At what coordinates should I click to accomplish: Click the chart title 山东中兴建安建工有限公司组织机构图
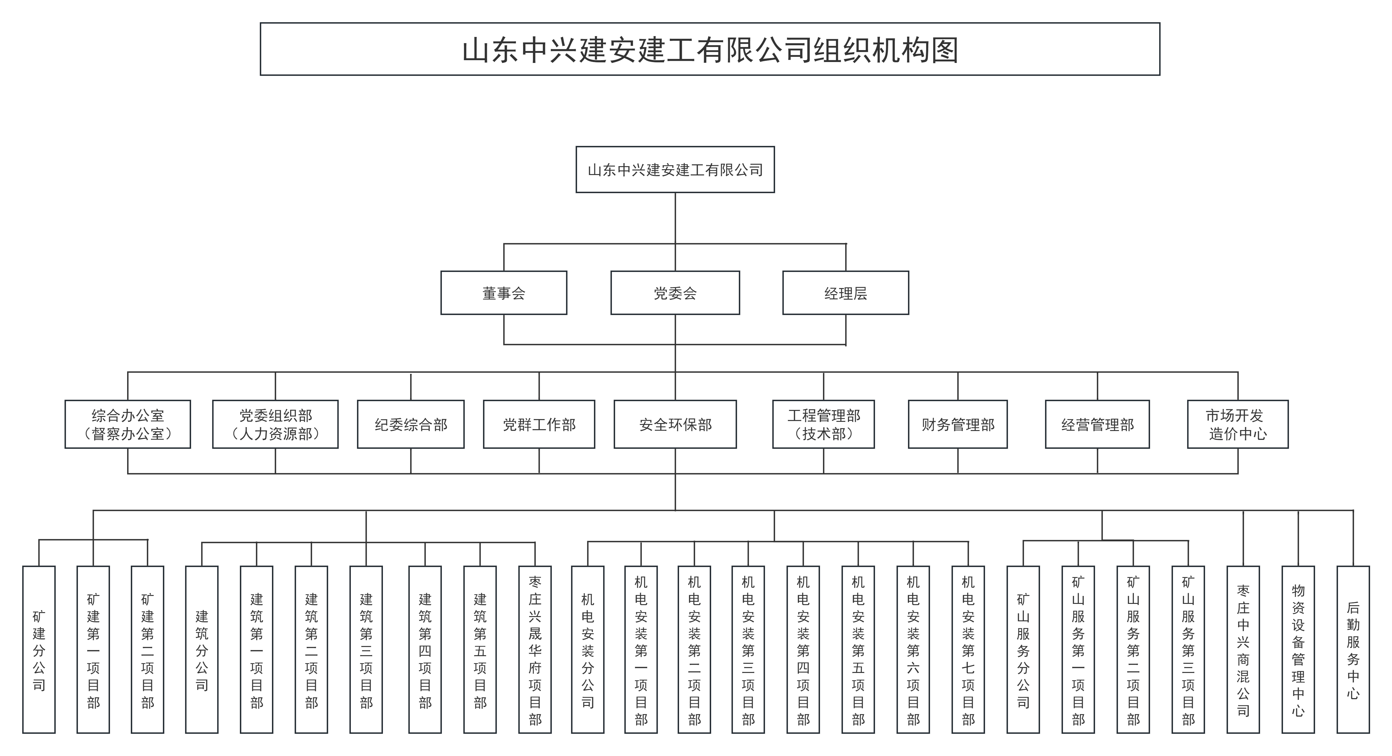[x=710, y=50]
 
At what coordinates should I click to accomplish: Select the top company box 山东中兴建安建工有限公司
[x=675, y=170]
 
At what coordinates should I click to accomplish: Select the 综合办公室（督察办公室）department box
[x=127, y=425]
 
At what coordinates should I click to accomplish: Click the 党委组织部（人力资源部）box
[x=275, y=425]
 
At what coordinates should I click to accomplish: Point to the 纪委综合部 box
[x=411, y=425]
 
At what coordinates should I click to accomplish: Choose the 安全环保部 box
[x=675, y=425]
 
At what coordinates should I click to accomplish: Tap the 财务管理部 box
[x=957, y=425]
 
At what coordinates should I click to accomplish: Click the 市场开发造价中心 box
[x=1237, y=425]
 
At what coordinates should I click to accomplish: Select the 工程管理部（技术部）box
[x=824, y=425]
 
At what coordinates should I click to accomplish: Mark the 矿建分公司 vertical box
[x=39, y=650]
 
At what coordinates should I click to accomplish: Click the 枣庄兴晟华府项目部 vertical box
[x=535, y=650]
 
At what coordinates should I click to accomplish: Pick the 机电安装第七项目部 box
[x=968, y=650]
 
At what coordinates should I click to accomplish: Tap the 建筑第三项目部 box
[x=366, y=650]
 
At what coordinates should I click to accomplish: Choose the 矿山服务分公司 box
[x=1023, y=650]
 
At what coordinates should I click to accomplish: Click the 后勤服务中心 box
[x=1353, y=650]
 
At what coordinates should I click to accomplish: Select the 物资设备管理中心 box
[x=1298, y=650]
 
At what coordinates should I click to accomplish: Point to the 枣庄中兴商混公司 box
[x=1243, y=650]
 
